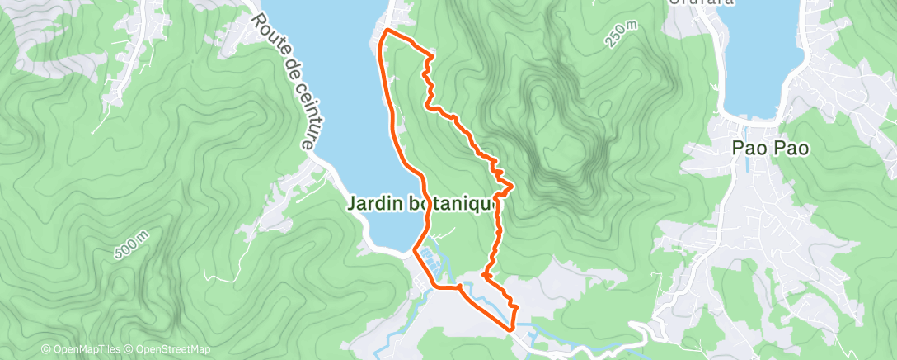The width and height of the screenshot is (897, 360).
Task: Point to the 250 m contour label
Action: [620, 36]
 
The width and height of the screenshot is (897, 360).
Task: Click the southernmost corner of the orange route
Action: [512, 330]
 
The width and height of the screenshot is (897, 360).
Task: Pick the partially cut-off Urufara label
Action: [702, 3]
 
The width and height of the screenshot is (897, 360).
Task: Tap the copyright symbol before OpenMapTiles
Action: [45, 350]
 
